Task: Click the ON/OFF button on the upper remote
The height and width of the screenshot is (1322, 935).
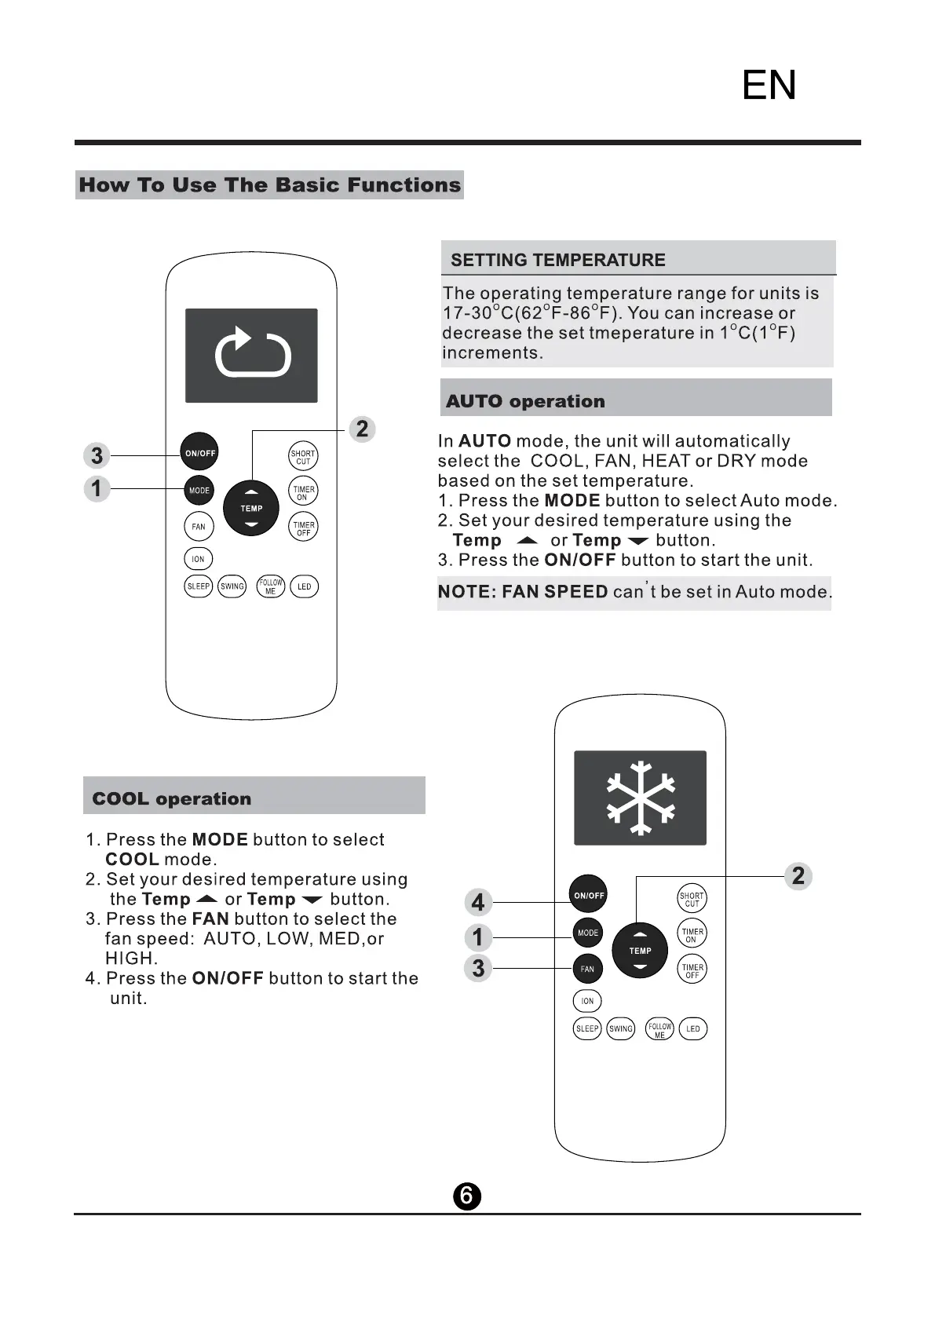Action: pos(199,453)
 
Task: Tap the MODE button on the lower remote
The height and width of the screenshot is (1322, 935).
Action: pos(588,933)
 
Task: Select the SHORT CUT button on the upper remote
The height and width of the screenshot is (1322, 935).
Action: pos(303,457)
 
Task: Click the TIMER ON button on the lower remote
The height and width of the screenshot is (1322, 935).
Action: pos(692,935)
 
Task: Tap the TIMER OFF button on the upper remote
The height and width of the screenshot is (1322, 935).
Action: pos(303,528)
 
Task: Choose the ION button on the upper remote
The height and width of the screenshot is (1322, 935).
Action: pos(198,560)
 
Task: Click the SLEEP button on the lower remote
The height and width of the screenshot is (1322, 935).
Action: pos(587,1028)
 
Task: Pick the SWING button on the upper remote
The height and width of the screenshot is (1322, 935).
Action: pos(232,586)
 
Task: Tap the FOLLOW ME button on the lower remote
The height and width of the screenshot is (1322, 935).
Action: pos(659,1028)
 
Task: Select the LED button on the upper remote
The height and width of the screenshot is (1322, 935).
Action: pos(304,586)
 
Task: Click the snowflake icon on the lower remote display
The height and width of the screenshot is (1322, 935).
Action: pos(641,798)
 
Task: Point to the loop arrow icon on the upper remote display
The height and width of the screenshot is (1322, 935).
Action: pos(252,353)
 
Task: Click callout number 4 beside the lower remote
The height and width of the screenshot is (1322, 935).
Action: pos(478,902)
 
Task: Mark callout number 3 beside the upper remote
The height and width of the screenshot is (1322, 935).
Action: pos(97,455)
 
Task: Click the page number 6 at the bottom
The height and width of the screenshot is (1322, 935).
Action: pos(466,1196)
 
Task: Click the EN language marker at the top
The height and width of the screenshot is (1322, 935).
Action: pos(769,85)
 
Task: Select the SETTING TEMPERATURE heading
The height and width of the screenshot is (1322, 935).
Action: pos(557,260)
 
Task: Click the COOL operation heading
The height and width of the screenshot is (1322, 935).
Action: pos(172,798)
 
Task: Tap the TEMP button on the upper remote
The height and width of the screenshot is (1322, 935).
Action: pos(251,508)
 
